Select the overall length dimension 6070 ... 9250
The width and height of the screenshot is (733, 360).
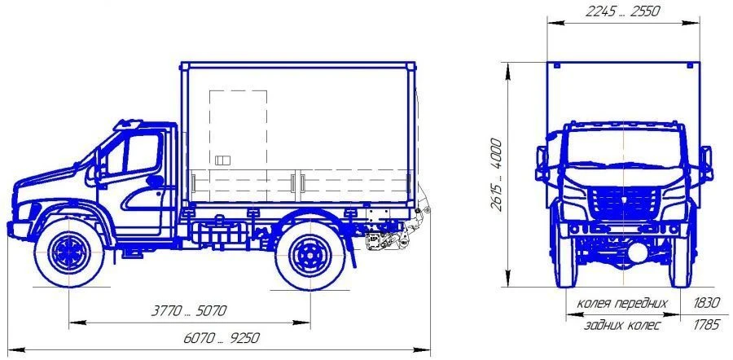pos(221,338)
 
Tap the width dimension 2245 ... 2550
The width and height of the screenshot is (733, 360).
pos(623,11)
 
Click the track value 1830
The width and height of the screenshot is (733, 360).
pos(706,303)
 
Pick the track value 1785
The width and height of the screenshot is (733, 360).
pos(706,325)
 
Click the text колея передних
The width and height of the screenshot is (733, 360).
pos(622,304)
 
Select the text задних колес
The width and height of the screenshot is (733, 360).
pos(622,326)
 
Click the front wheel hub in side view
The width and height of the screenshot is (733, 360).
pos(69,253)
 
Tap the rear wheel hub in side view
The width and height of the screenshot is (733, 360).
pos(310,256)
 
